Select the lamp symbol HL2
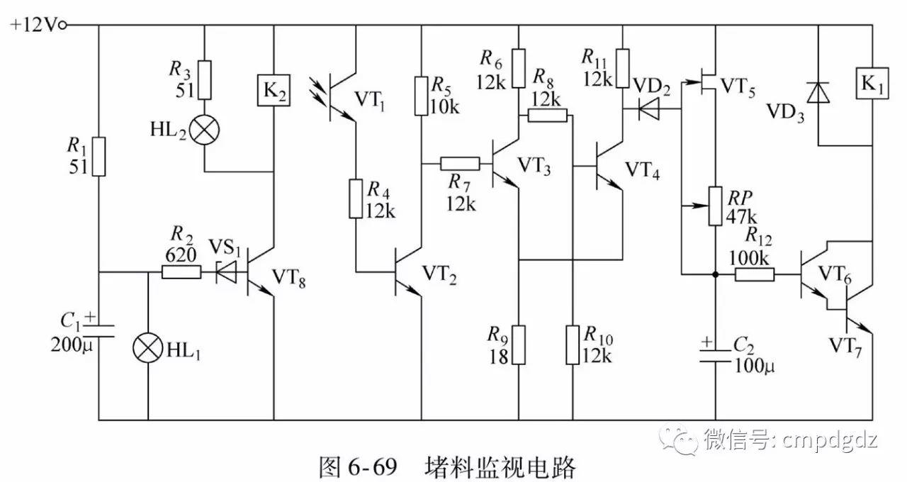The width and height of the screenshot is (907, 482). [204, 130]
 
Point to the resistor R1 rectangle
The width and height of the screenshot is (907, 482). [98, 157]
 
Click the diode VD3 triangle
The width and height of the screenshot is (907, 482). [818, 92]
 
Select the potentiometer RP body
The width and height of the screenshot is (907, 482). [715, 206]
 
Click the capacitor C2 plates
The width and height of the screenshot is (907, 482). [715, 357]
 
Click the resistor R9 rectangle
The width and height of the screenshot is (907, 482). [519, 344]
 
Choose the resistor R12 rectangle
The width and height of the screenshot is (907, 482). [754, 274]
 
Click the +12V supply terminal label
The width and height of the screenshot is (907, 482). [35, 25]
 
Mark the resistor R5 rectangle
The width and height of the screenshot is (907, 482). [421, 96]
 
